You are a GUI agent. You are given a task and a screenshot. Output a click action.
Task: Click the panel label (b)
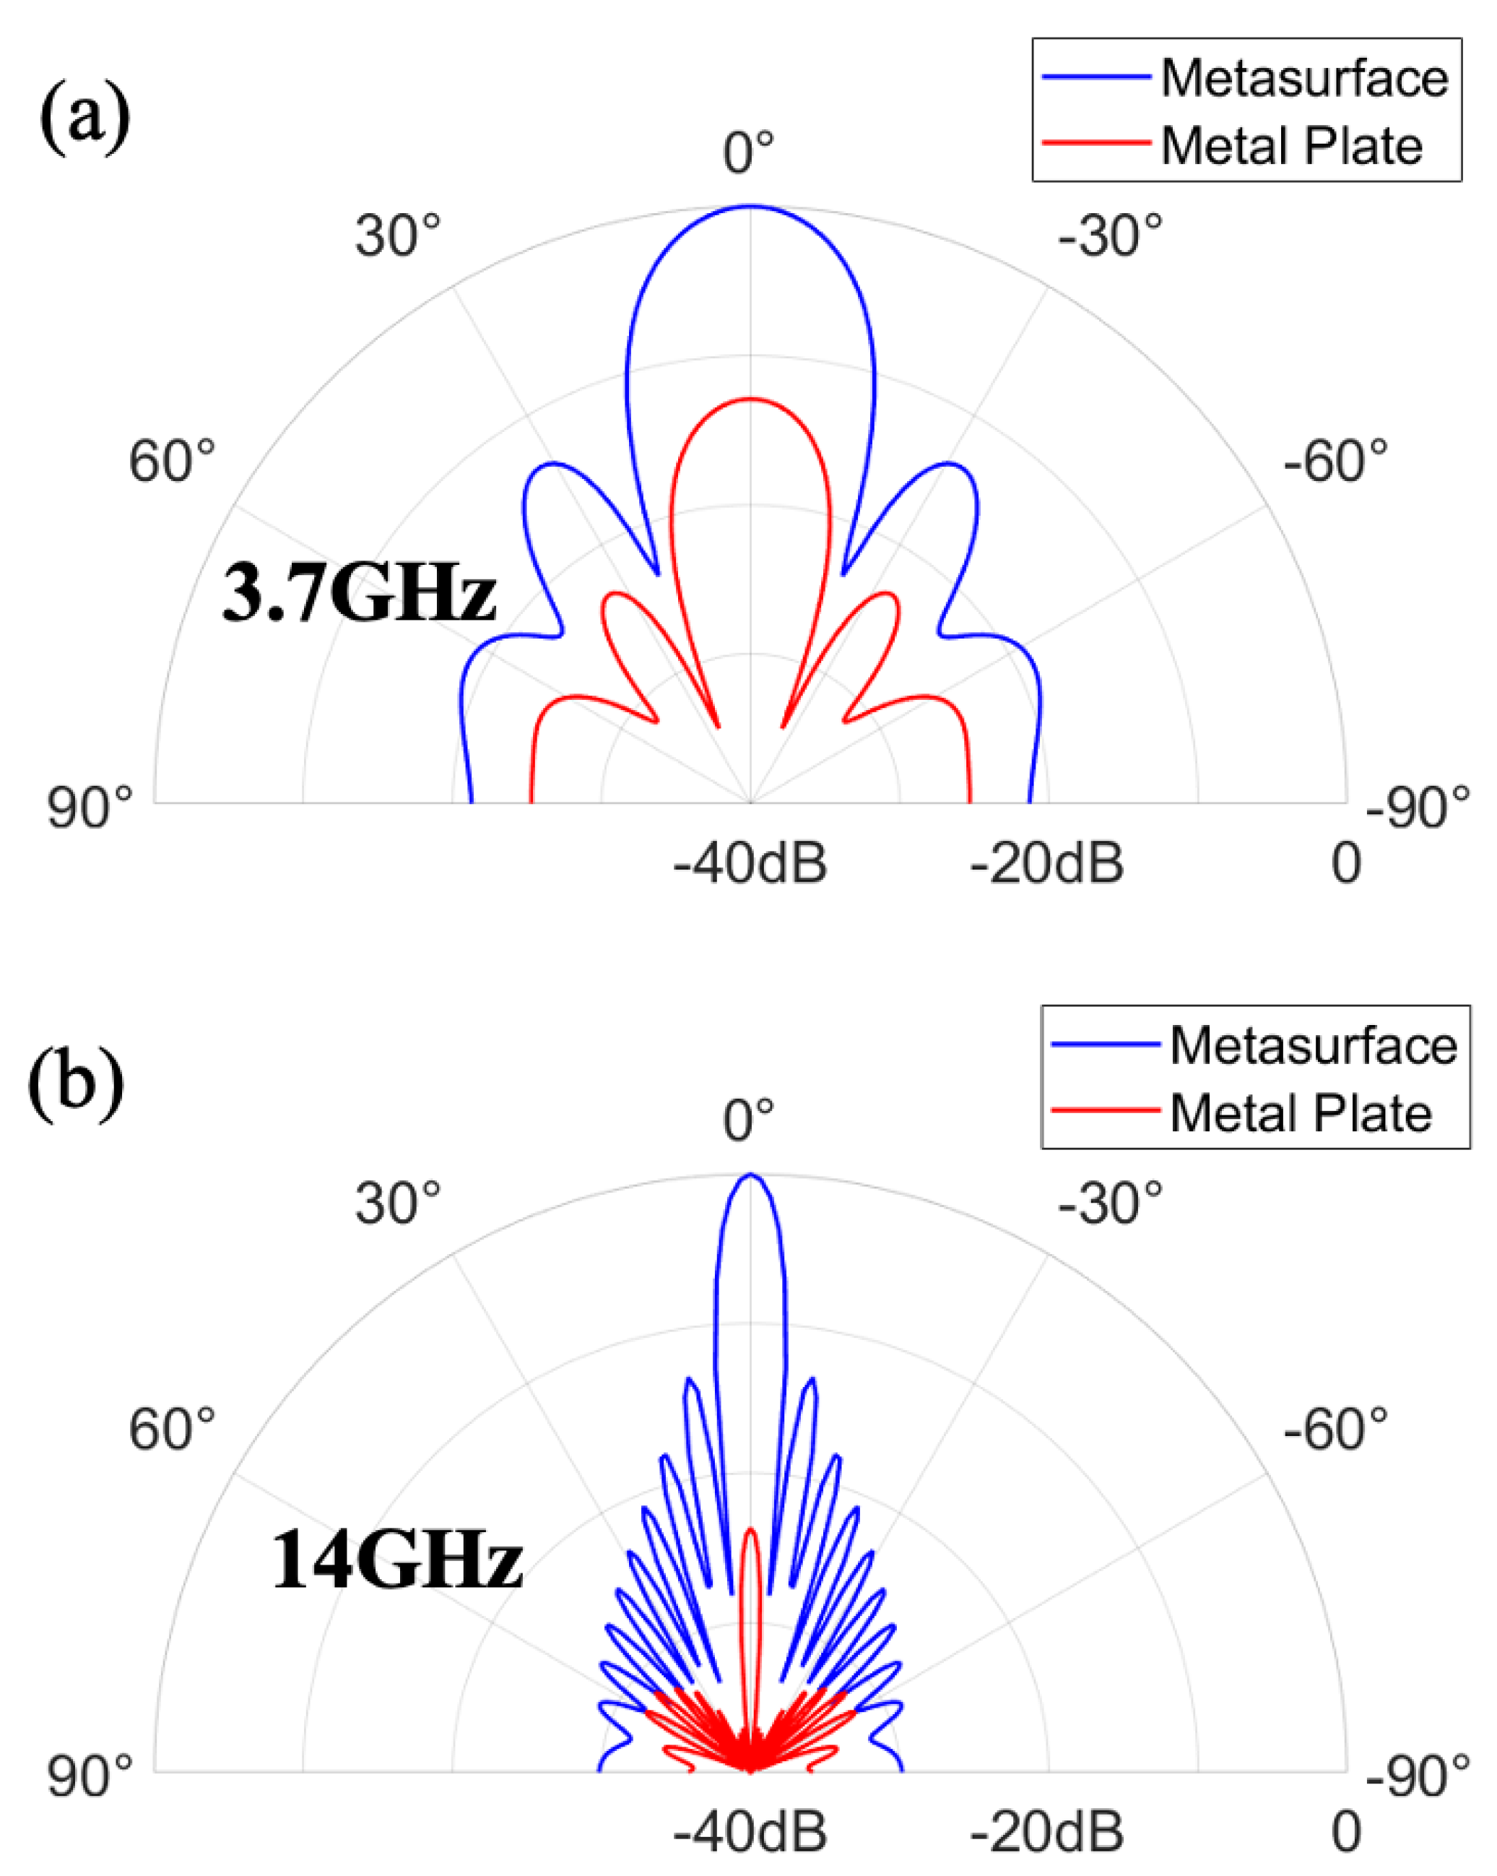click(x=76, y=1084)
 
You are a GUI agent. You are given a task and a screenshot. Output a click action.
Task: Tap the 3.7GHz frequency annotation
click(x=358, y=592)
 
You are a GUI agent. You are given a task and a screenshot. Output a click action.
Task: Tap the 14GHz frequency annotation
click(x=396, y=1560)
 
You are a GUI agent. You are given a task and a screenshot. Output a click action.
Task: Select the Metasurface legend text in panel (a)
click(x=1304, y=78)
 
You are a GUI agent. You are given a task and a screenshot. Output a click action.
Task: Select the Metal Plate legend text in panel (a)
click(x=1291, y=145)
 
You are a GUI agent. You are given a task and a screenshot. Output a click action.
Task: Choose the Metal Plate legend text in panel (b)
click(x=1300, y=1113)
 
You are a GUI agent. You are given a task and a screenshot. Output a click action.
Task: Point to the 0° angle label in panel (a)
click(x=748, y=152)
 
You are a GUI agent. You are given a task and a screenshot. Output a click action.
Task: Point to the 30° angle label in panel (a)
click(x=397, y=235)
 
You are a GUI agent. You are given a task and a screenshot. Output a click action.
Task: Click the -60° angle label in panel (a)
click(x=1335, y=460)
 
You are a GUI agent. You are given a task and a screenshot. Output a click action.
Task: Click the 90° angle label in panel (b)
click(x=90, y=1775)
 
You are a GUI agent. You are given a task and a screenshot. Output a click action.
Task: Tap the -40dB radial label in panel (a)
click(x=750, y=863)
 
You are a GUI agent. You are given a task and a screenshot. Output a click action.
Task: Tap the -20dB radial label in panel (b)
click(x=1046, y=1832)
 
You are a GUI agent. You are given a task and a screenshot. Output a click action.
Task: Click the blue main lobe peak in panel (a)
click(x=750, y=207)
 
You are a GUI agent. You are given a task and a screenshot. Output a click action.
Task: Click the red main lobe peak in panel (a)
click(x=750, y=399)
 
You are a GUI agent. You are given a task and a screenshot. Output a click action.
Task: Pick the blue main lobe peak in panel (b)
click(x=751, y=1175)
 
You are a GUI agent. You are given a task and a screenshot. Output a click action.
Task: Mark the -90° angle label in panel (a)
click(x=1417, y=807)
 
